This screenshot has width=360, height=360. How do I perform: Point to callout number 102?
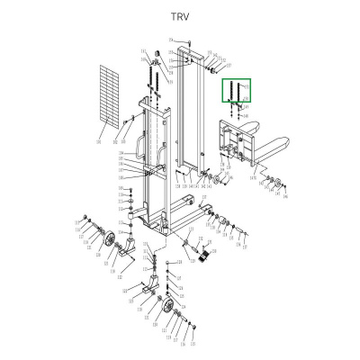(x=115, y=141)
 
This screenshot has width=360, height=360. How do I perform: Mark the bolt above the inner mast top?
(x=184, y=43)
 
